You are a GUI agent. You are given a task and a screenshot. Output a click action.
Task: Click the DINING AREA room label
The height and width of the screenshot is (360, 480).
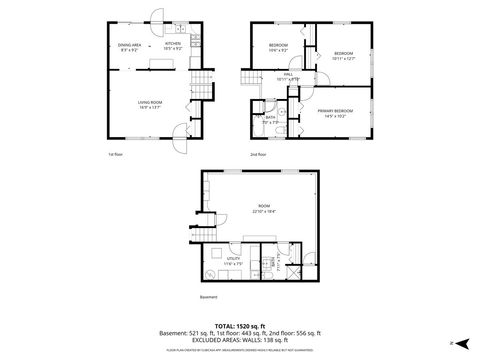(x=128, y=44)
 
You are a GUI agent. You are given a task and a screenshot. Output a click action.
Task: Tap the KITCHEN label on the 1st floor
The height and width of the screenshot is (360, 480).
(x=171, y=44)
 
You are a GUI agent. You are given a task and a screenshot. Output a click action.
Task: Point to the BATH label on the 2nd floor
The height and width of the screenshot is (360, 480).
(x=270, y=117)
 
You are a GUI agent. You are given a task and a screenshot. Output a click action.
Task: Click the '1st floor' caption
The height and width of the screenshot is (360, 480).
(x=117, y=155)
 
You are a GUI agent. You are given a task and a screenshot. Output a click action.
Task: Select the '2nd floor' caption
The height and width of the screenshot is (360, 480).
(x=258, y=155)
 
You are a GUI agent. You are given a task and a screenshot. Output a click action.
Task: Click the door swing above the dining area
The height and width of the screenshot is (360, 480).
(x=155, y=17)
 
